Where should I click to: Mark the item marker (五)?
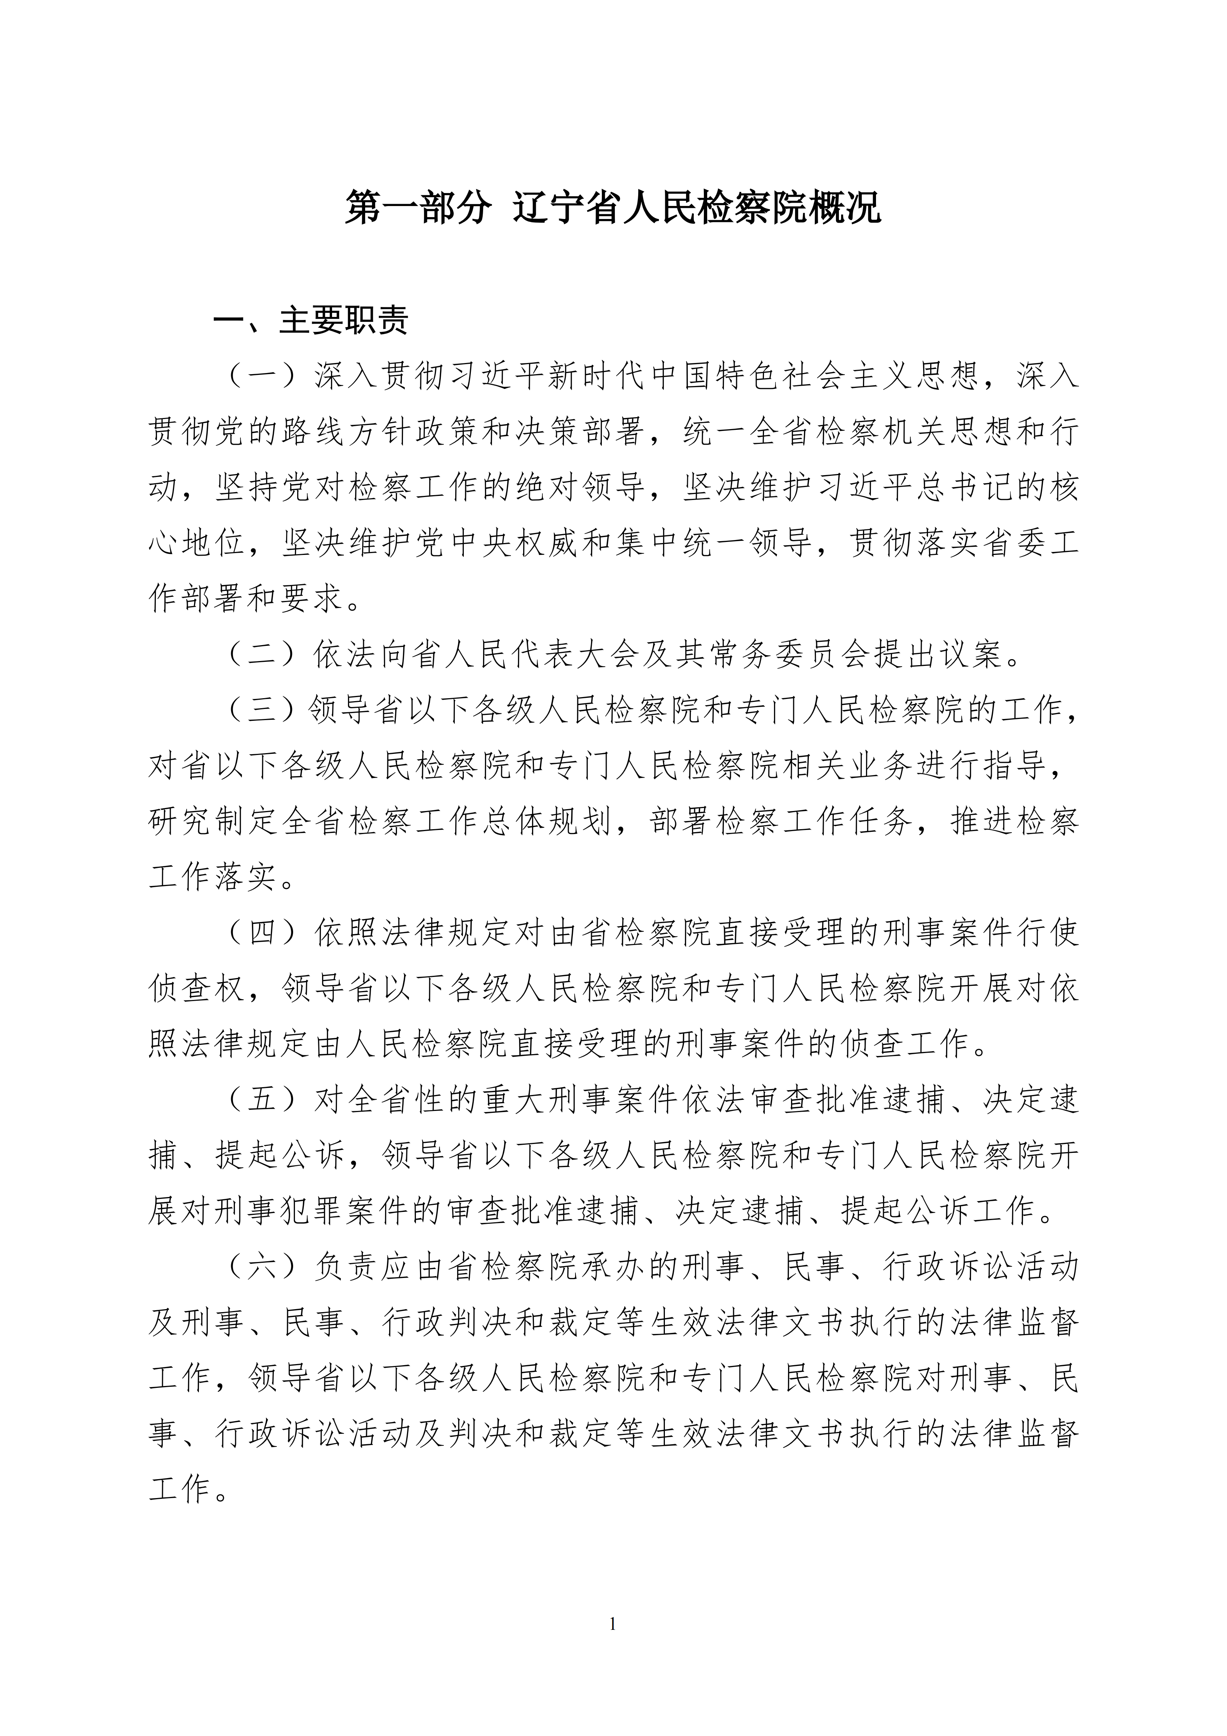click(262, 1100)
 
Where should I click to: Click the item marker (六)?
click(262, 1267)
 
